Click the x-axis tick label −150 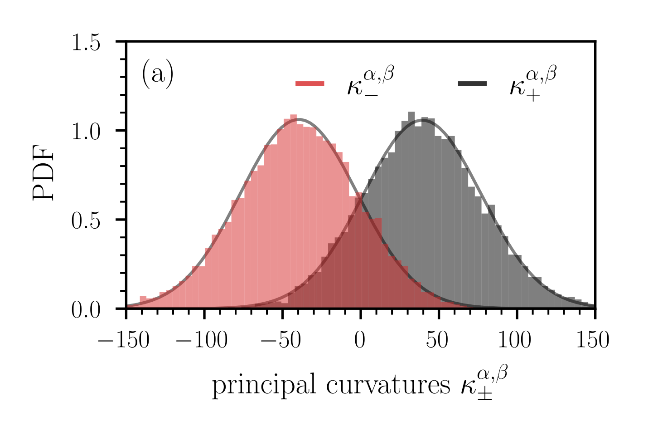(124, 340)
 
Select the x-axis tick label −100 (202, 340)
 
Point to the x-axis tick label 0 (360, 340)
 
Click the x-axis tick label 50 (438, 340)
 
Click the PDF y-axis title (44, 175)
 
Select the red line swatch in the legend (310, 83)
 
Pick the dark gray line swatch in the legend (472, 83)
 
